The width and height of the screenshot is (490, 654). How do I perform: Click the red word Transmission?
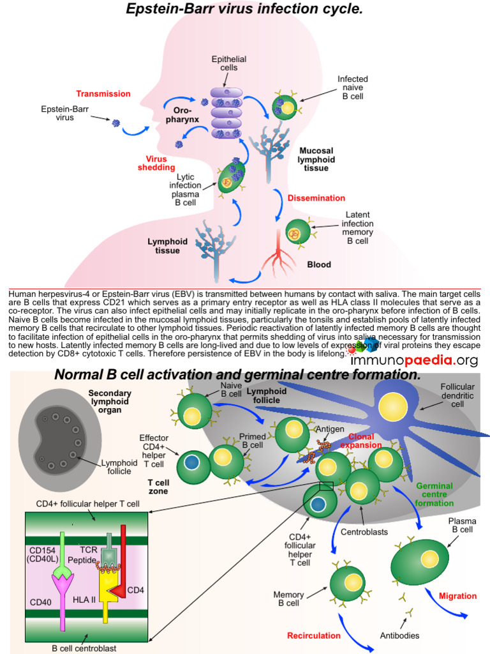point(103,94)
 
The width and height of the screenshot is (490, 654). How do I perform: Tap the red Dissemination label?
point(316,198)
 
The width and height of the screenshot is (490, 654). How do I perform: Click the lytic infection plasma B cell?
point(230,179)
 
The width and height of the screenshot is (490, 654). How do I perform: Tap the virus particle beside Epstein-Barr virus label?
point(116,123)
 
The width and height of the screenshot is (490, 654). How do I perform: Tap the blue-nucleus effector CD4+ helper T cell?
point(193,461)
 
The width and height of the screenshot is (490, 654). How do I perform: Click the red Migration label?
point(457,596)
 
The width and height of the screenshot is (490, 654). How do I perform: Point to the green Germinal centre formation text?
point(434,494)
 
